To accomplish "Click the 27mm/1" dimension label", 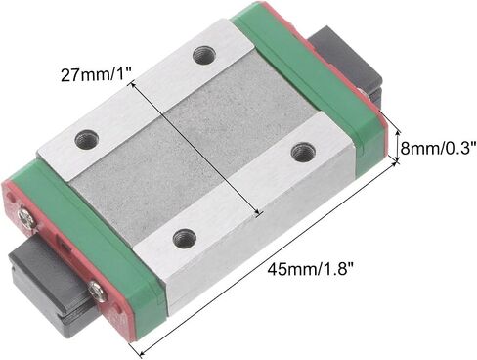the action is pos(96,75).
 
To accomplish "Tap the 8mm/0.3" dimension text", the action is pos(439,149).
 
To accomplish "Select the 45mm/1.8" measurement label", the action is pos(311,269).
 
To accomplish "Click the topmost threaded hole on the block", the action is pos(204,56).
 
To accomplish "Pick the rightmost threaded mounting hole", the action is pos(304,151).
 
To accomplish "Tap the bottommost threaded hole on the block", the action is pos(184,236).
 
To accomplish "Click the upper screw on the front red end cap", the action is pos(25,218).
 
